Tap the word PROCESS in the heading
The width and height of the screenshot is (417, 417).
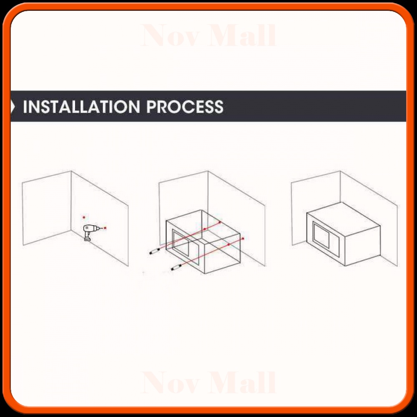pos(185,107)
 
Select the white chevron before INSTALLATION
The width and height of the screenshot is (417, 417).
pos(13,107)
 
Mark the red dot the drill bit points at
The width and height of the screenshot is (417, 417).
pos(105,228)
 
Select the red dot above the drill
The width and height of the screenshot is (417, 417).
pos(84,217)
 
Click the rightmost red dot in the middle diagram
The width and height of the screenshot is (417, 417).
pos(243,239)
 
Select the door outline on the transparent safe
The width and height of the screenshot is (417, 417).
pos(181,243)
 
